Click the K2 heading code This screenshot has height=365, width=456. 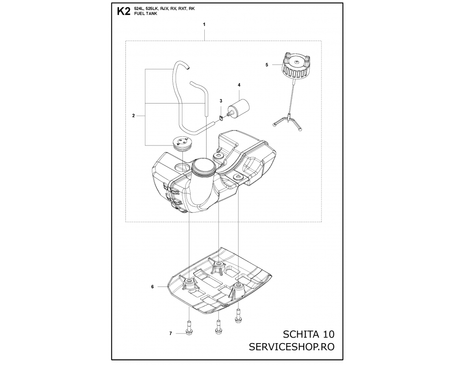123,11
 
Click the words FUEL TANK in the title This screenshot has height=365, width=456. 146,14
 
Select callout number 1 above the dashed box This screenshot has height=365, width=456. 204,25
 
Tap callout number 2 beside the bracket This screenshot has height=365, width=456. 134,115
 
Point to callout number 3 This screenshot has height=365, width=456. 221,101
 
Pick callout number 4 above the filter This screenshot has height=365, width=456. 239,85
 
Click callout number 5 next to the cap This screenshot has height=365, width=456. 267,65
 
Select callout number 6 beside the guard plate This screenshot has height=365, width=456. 152,287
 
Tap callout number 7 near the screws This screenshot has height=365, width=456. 171,333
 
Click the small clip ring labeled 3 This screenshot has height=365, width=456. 221,117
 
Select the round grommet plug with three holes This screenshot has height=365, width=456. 182,144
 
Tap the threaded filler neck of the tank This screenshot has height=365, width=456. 203,167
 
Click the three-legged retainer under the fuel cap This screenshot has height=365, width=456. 288,121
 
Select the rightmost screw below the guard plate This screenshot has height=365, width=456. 238,316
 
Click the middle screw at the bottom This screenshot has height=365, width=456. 218,327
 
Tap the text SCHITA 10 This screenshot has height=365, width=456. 309,334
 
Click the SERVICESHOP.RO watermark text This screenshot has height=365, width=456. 292,347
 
